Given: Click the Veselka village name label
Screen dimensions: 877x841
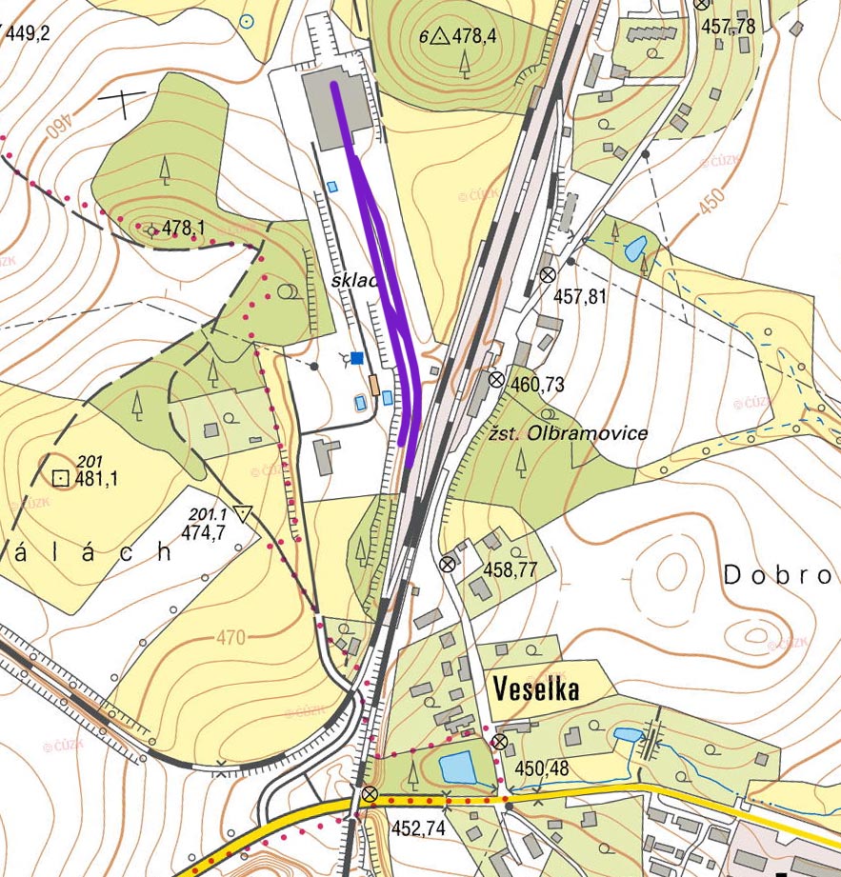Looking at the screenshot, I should pos(536,688).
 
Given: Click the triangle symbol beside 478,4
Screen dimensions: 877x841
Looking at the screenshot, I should pos(439,37).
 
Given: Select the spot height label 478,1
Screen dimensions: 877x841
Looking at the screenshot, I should pos(184,229).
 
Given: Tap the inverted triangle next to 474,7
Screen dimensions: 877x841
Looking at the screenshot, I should pos(245,515).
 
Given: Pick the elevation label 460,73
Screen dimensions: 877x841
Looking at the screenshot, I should pos(538,385).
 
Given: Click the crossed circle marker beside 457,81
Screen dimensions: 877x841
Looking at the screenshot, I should pos(548,274).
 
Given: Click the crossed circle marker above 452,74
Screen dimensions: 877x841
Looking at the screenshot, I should pos(370,794).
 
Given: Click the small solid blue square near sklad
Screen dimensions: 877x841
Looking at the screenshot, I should pos(357,357).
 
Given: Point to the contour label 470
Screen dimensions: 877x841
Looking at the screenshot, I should pos(230,637).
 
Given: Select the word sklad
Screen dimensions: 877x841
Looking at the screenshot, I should pos(356,282).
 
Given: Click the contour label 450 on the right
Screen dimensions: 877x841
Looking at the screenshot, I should pos(710,201).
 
